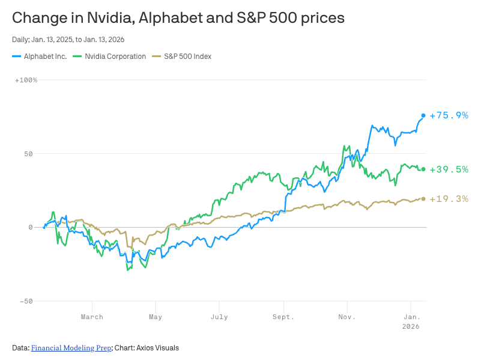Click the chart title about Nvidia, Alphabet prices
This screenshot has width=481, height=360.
[178, 17]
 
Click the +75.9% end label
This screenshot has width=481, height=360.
[449, 115]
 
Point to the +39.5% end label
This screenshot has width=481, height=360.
[449, 169]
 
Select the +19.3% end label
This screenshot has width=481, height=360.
[449, 199]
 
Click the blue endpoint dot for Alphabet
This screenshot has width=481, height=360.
[423, 115]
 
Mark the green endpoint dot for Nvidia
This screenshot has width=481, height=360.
[423, 169]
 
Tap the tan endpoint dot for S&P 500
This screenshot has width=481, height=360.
[423, 199]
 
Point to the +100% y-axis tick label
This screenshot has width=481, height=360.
[26, 80]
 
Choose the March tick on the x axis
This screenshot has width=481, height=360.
[92, 317]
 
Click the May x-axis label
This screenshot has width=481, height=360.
[156, 317]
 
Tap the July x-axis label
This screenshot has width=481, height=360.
[219, 317]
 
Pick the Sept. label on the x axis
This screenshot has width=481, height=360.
[283, 317]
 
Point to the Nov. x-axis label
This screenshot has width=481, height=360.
[346, 317]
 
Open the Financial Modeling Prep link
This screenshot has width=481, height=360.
[71, 348]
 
